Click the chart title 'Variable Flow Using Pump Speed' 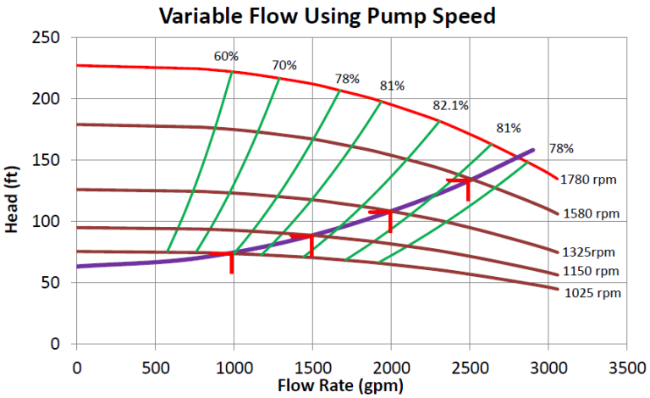tap(324, 15)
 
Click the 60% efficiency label tap(226, 57)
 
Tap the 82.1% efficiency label tap(451, 106)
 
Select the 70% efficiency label tap(284, 65)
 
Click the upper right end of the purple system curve tap(533, 151)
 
